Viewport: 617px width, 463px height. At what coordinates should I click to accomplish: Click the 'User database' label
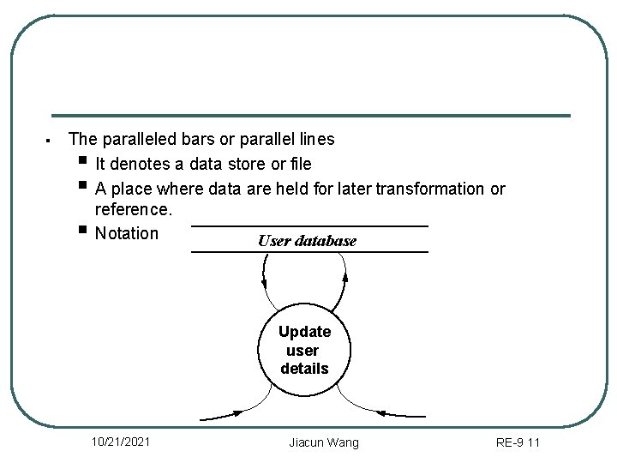click(307, 241)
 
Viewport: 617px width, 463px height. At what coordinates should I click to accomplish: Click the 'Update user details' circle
click(304, 350)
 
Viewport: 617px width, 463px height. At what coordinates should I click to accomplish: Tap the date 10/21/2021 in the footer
click(122, 442)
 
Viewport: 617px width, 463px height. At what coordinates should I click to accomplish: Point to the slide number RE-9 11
click(518, 442)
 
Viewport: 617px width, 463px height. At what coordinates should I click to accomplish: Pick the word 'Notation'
click(127, 233)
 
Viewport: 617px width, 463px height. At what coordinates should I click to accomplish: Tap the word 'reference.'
click(134, 210)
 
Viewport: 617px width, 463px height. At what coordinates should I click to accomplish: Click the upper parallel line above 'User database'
click(308, 226)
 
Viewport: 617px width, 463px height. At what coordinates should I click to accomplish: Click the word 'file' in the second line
click(300, 164)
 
